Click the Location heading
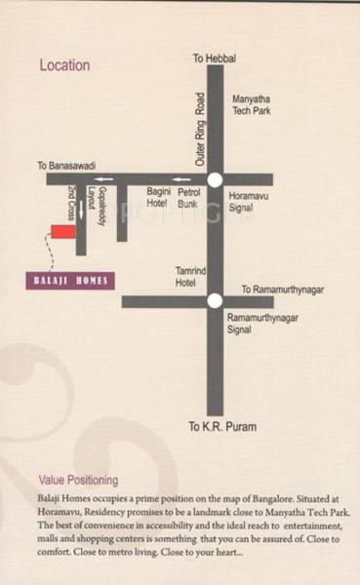click(x=64, y=66)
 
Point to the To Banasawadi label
click(x=68, y=166)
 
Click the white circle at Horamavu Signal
click(x=215, y=179)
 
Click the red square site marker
click(x=62, y=232)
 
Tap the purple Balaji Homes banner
click(x=68, y=281)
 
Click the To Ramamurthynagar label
click(x=281, y=290)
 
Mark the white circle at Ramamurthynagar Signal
click(x=215, y=301)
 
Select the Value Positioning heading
click(x=78, y=481)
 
